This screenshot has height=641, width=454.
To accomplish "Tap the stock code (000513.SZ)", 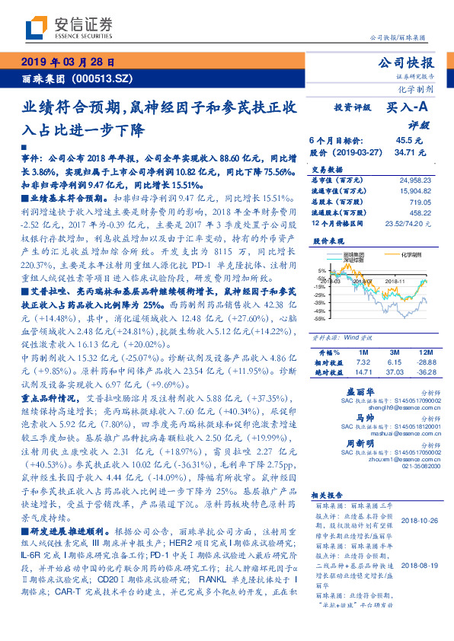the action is click(104, 78).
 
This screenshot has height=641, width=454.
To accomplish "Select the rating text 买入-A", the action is click(408, 108).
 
